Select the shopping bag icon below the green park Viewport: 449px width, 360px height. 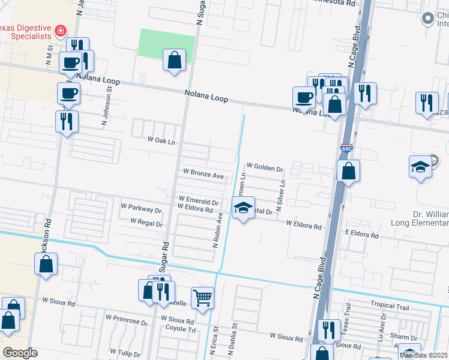(174, 61)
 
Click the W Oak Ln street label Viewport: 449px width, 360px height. (161, 140)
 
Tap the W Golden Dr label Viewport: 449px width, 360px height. (264, 167)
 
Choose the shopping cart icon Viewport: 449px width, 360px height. (202, 298)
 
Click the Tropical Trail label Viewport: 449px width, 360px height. (389, 306)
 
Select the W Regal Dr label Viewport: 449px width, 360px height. (146, 223)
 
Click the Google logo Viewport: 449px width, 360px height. (20, 352)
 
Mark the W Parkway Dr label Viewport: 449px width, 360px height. (141, 211)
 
